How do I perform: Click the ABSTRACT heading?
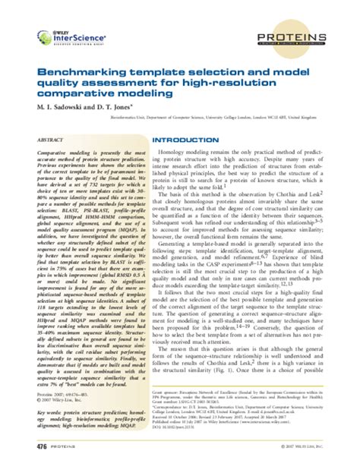tap(50, 140)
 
